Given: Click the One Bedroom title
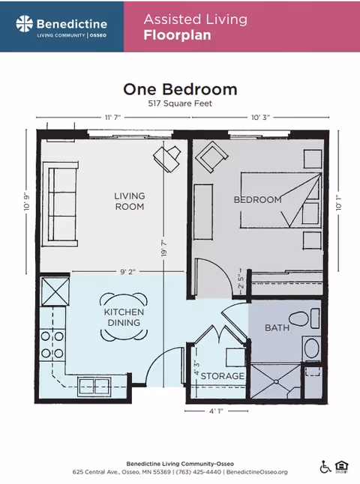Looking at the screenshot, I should click(180, 89).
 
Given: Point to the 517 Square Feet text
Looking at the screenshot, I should click(180, 104).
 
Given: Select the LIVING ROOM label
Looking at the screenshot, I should click(129, 201).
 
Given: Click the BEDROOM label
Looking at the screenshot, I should click(257, 199).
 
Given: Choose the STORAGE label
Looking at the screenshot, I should click(223, 375).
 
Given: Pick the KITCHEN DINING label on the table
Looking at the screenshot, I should click(124, 317).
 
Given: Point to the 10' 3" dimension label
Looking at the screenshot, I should click(259, 118).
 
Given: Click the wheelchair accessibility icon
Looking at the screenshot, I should click(325, 467).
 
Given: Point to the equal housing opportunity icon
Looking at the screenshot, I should click(342, 467).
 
